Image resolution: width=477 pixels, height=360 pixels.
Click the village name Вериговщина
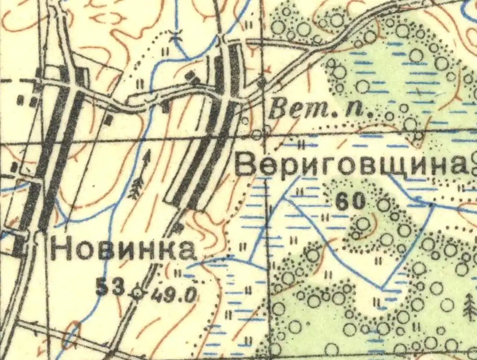(x=350, y=165)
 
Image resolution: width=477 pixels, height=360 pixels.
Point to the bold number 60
(x=350, y=201)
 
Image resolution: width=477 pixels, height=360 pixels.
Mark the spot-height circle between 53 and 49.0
(x=138, y=293)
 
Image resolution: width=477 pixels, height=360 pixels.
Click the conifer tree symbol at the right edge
(x=469, y=306)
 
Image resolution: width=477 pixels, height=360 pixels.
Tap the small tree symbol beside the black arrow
(x=136, y=190)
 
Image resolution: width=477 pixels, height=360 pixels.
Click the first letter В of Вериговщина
(x=244, y=165)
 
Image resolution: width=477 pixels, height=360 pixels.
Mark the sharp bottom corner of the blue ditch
(x=383, y=288)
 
